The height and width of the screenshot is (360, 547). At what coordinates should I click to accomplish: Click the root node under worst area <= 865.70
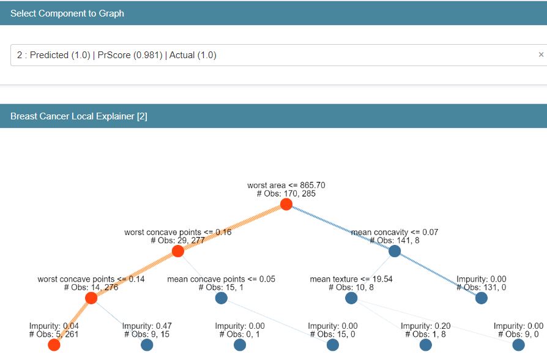286,204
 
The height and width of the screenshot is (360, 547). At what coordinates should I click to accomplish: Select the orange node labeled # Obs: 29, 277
178,251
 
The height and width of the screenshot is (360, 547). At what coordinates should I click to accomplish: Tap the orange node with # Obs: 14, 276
91,298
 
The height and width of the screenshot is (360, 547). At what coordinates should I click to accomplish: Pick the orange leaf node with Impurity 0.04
54,345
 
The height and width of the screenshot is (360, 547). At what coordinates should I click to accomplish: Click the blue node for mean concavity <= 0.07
395,251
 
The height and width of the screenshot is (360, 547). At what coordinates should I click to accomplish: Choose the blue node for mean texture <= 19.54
351,298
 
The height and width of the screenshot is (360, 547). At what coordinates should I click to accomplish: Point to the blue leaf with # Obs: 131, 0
482,298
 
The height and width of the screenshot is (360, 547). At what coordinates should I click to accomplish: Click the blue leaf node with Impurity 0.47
147,345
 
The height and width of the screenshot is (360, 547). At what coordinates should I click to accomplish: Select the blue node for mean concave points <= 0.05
221,298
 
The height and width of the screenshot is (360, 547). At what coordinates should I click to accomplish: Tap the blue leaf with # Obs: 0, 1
240,345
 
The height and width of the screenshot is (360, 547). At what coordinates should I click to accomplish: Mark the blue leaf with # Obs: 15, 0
333,345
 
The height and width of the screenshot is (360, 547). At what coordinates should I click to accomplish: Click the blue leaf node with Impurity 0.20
426,345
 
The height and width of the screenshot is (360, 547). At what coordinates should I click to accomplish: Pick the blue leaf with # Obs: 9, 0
518,345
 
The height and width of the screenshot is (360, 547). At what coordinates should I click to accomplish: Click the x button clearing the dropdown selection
541,55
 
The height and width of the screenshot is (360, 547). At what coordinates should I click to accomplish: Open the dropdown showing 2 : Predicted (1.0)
269,55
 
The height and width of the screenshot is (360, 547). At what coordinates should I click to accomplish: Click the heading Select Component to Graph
67,13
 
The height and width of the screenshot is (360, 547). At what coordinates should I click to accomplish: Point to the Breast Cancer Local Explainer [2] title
79,116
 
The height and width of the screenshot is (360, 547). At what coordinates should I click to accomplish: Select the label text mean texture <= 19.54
351,279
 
